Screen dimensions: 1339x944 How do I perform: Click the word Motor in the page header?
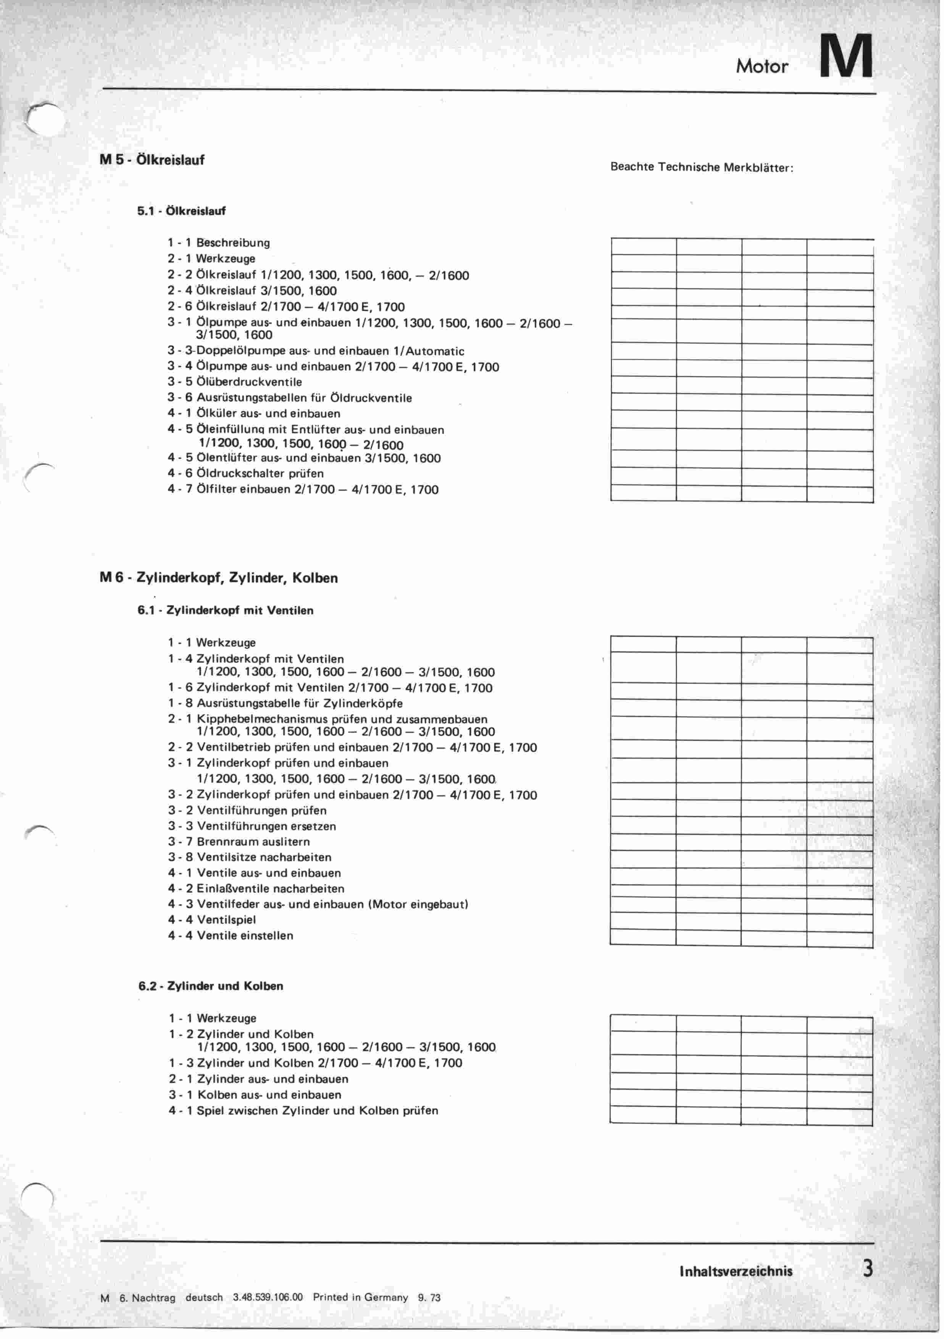tap(762, 66)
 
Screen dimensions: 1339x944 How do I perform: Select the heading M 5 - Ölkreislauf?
tap(152, 160)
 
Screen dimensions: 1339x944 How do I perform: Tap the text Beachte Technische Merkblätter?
tap(702, 167)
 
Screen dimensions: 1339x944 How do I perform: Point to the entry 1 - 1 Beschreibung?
tap(219, 242)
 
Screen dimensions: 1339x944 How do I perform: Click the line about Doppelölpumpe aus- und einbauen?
tap(316, 351)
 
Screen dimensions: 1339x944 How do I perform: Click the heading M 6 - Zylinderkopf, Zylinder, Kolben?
tap(219, 578)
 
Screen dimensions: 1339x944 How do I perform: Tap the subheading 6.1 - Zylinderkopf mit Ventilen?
tap(226, 611)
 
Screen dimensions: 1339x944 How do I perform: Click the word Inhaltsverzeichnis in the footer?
tap(736, 1271)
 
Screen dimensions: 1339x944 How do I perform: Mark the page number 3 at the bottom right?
tap(868, 1269)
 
